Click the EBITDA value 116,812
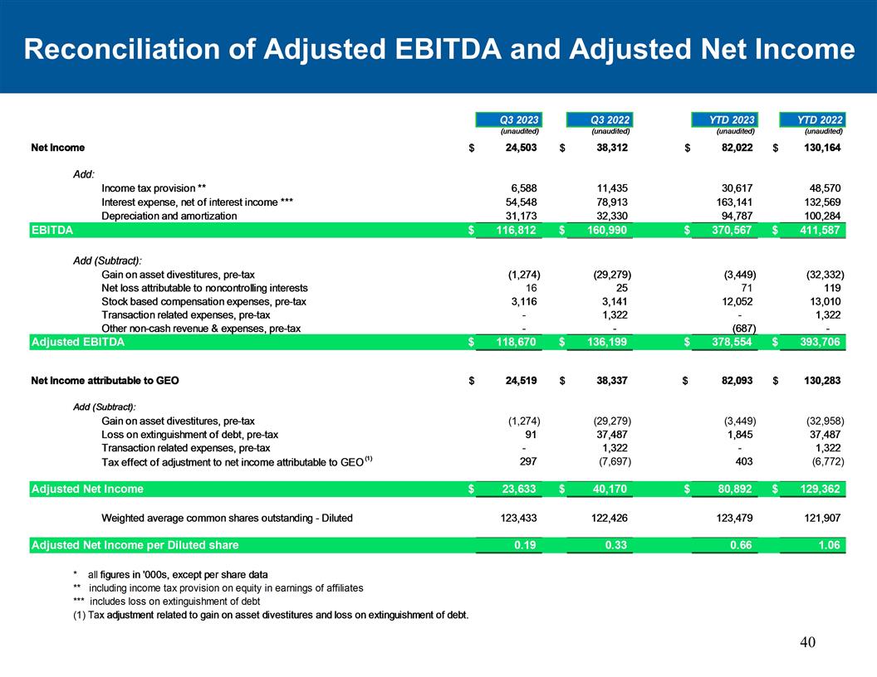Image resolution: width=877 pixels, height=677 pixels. [512, 230]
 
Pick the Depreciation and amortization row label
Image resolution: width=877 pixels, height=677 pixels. [169, 216]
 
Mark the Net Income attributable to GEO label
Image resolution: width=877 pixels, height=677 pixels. [105, 381]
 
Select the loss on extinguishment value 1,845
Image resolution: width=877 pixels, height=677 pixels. [738, 434]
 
